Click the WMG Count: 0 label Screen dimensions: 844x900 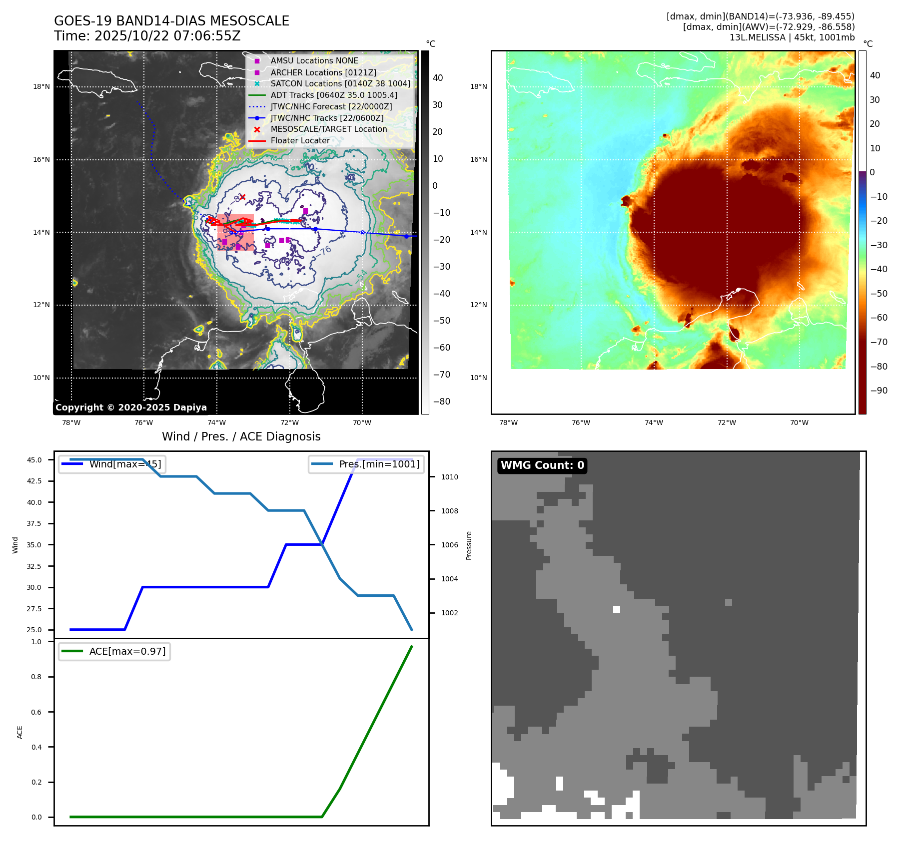(x=542, y=465)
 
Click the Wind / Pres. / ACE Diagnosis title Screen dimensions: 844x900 (x=241, y=436)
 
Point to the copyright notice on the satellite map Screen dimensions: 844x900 (x=131, y=408)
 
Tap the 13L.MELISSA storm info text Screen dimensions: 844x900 (x=792, y=37)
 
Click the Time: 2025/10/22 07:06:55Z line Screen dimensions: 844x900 (x=147, y=36)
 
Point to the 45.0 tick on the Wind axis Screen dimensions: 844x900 (x=34, y=460)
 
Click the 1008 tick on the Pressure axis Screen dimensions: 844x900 (x=449, y=511)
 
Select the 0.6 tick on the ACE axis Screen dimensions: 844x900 (x=36, y=712)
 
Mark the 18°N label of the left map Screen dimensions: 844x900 (x=41, y=86)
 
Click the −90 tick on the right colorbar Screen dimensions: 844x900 (x=879, y=391)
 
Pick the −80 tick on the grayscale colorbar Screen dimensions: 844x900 (x=441, y=402)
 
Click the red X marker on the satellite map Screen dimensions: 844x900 (x=242, y=197)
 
